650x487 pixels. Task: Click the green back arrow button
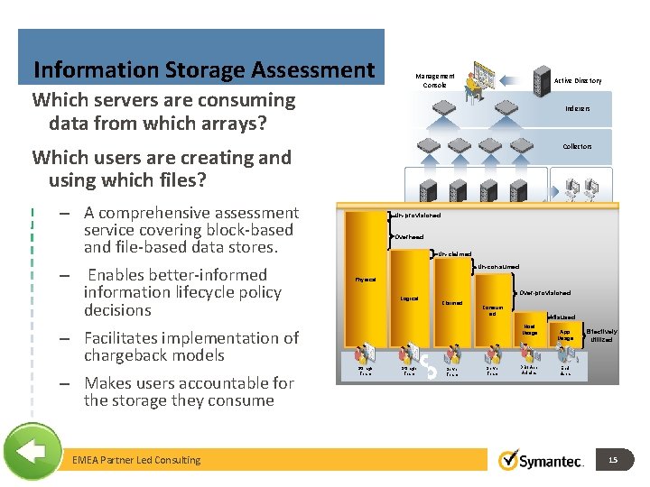pos(32,451)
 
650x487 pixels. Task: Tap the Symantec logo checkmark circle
pos(510,460)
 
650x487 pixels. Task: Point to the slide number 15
pos(612,460)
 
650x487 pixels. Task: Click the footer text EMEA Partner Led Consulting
pos(136,460)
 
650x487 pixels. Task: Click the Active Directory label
pos(578,81)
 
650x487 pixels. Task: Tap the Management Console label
pos(434,80)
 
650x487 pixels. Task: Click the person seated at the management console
pos(473,86)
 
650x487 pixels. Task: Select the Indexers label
pos(578,108)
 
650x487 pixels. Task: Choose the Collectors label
pos(577,146)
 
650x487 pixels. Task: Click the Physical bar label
pos(366,280)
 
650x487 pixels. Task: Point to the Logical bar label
pos(409,298)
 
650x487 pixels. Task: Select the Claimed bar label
pos(451,303)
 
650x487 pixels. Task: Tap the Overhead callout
pos(409,236)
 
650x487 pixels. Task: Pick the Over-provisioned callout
pos(545,293)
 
